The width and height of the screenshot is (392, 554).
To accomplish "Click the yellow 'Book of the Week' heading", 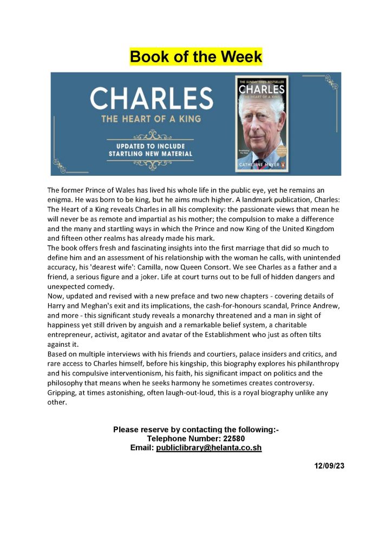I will pos(195,57).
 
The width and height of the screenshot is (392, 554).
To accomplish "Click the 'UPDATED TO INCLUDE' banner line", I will pos(146,146).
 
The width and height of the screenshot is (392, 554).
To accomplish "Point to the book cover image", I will pos(262,124).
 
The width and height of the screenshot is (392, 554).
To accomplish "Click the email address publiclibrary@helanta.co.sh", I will pos(209,448).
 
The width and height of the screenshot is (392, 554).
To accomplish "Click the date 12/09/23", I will pos(329,467).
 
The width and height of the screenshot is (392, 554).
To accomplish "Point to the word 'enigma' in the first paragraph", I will pos(60,200).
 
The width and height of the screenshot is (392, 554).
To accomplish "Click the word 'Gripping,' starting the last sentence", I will pos(64,393).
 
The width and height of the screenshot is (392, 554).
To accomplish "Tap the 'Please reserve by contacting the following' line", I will pos(195,430).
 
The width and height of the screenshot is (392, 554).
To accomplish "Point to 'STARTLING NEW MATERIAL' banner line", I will pos(146,154).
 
